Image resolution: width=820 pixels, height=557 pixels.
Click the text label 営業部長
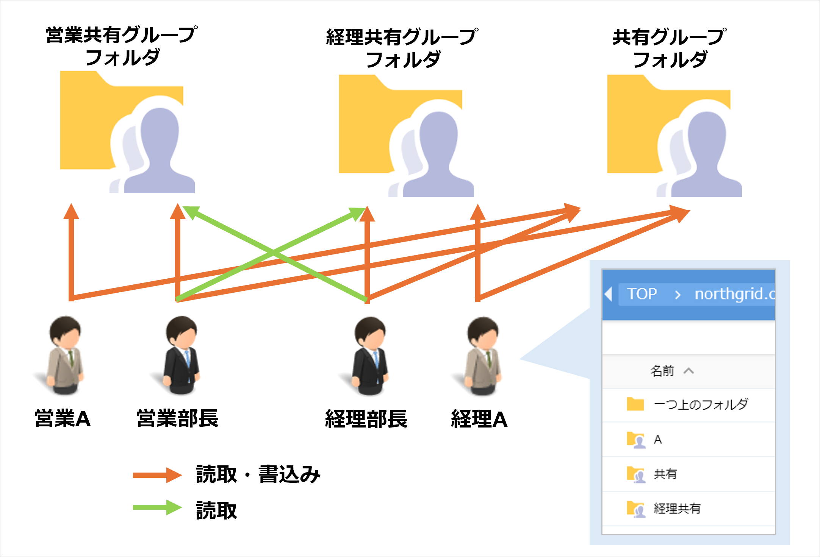(x=177, y=419)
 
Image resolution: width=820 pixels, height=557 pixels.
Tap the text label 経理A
(x=479, y=419)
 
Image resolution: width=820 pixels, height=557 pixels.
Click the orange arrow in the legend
(x=157, y=475)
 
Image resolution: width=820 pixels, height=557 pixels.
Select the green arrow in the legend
(x=157, y=507)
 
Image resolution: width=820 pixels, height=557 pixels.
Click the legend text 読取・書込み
(x=258, y=474)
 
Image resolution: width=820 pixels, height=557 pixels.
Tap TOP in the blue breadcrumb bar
(x=642, y=294)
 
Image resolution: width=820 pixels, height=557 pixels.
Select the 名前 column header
(x=662, y=371)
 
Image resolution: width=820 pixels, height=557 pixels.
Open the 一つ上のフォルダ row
(x=700, y=404)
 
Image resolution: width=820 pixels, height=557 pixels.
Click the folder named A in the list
(x=657, y=439)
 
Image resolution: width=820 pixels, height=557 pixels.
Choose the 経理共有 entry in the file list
(x=677, y=509)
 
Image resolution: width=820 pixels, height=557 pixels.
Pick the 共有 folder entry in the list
(x=665, y=474)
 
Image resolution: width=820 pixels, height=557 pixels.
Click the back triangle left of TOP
(x=609, y=294)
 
